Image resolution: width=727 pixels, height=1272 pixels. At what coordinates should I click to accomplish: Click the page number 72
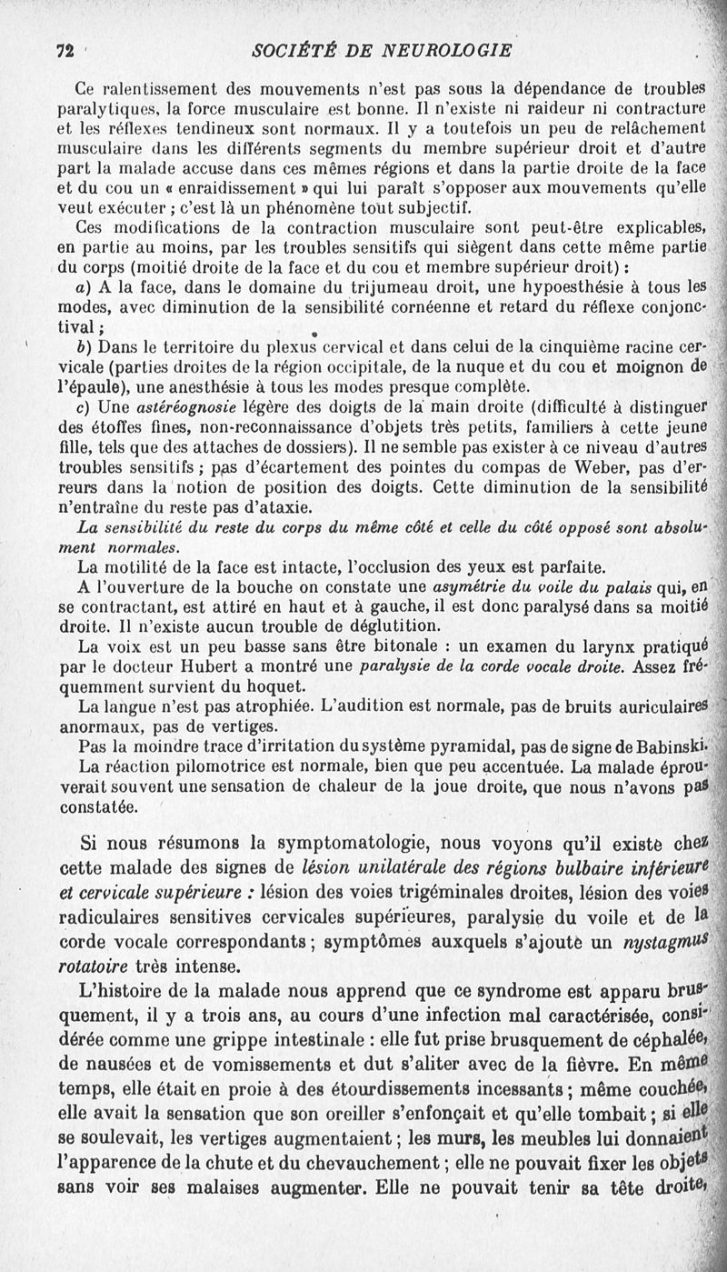(63, 50)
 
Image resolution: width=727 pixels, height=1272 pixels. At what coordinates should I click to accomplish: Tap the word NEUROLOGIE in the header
(431, 50)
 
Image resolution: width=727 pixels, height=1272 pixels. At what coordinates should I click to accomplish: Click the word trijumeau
(330, 285)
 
